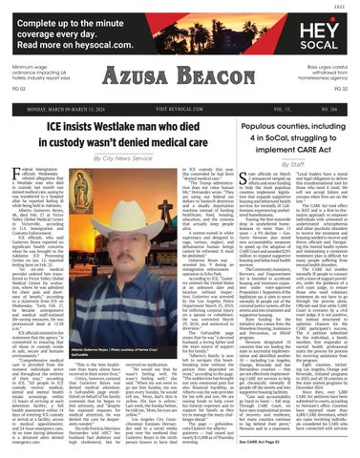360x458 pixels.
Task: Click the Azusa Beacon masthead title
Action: pyautogui.click(x=179, y=94)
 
